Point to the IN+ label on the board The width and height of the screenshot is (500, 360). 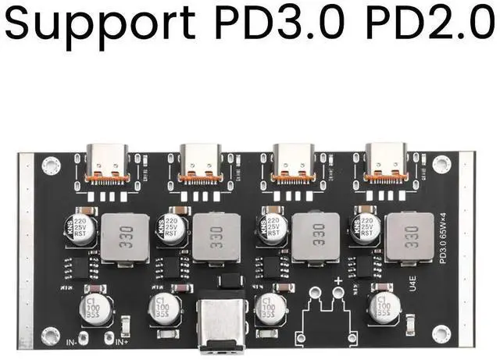point(121,341)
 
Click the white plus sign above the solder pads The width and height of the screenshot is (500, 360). point(337,280)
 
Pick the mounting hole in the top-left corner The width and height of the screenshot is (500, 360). point(52,166)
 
